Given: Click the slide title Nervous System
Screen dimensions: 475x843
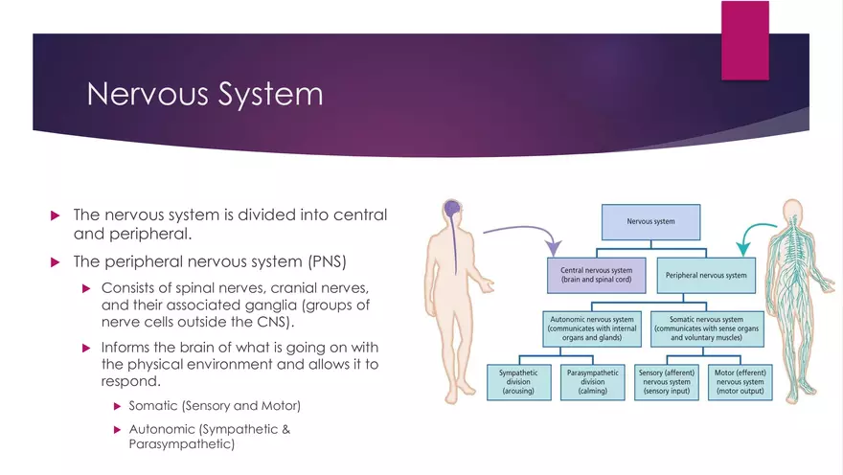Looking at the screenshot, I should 204,95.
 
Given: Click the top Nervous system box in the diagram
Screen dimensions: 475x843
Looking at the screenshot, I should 650,221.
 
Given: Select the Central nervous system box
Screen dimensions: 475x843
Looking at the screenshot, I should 597,275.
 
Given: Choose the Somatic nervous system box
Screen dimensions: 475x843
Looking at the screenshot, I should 706,326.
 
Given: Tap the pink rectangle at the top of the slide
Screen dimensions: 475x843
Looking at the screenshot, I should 744,39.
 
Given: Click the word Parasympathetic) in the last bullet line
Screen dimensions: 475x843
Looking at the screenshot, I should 181,444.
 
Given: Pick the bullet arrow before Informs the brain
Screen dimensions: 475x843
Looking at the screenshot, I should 89,348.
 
